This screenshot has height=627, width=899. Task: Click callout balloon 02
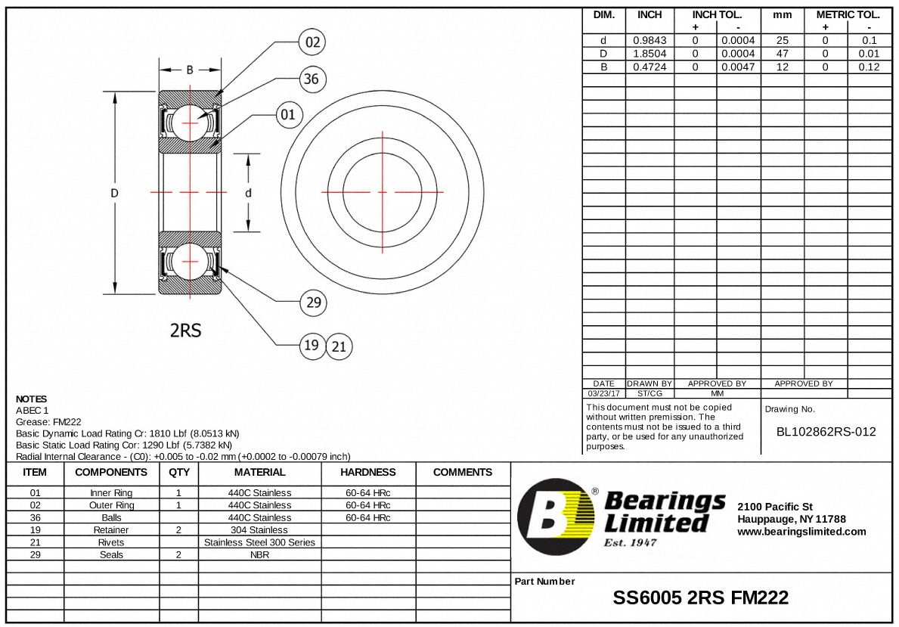[x=312, y=42]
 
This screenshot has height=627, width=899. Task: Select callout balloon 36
[x=311, y=79]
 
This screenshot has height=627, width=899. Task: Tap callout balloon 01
[x=288, y=115]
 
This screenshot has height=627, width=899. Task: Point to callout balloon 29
[x=313, y=303]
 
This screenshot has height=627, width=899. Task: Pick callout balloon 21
[x=339, y=346]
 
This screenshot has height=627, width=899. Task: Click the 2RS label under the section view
[x=185, y=330]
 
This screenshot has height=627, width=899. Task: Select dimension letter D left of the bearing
[x=115, y=193]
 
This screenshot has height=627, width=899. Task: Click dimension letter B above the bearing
[x=190, y=70]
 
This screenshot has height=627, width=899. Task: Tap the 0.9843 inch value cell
[x=649, y=41]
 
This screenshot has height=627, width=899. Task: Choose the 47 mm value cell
[x=782, y=54]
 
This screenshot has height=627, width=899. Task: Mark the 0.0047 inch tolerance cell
[x=738, y=67]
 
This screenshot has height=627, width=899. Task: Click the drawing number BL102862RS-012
[x=826, y=432]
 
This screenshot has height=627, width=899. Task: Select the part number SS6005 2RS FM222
[x=700, y=598]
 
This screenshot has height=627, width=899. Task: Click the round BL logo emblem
[x=556, y=517]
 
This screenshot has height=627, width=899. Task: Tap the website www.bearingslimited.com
[x=801, y=532]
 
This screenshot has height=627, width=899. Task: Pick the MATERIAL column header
[x=259, y=472]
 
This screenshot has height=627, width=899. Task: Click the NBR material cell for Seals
[x=259, y=554]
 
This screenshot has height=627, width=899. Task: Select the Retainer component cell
[x=111, y=529]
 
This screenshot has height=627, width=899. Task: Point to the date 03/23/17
[x=603, y=393]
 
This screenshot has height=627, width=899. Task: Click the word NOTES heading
[x=31, y=399]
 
